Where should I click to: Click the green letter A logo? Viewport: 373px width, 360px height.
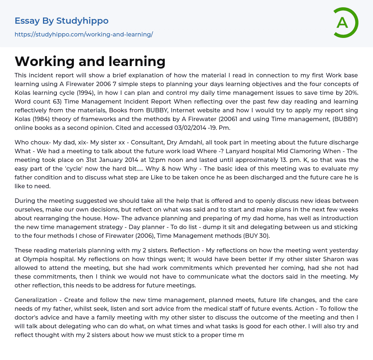[345, 23]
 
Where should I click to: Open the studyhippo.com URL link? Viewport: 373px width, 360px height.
[84, 35]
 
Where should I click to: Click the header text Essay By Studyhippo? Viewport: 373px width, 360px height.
[62, 21]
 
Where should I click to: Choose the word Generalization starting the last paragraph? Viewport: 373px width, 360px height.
[36, 300]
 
